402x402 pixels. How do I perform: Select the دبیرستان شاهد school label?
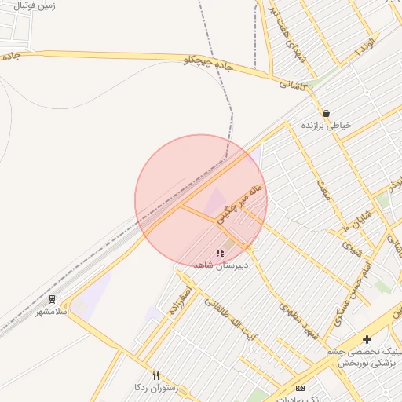(x=221, y=265)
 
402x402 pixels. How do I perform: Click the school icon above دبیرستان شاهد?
(x=220, y=253)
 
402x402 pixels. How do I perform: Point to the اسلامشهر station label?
(x=53, y=312)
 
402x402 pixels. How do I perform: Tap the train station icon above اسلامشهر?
(x=53, y=299)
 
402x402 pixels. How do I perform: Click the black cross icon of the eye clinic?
(x=367, y=339)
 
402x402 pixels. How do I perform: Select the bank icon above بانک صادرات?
(x=299, y=388)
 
